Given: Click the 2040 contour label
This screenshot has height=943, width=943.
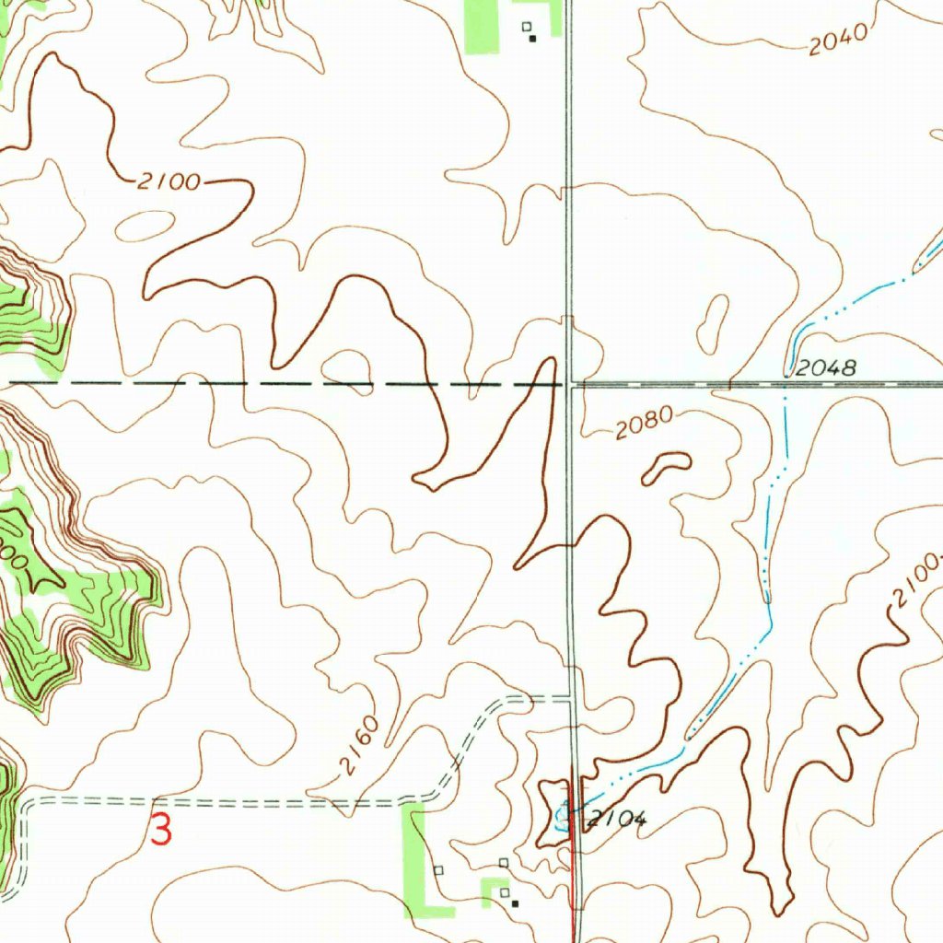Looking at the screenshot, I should pyautogui.click(x=838, y=40).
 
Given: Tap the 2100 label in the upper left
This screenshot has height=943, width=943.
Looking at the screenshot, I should pyautogui.click(x=169, y=181).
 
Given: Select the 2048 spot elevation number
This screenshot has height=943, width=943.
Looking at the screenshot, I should pyautogui.click(x=826, y=368).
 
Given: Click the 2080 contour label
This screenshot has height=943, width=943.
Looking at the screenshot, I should pyautogui.click(x=645, y=424).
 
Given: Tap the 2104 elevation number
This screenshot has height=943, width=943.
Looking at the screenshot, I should pyautogui.click(x=619, y=819).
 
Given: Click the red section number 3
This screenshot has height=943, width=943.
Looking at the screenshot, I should pyautogui.click(x=161, y=830).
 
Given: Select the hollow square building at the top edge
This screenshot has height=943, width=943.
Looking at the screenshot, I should pyautogui.click(x=527, y=27).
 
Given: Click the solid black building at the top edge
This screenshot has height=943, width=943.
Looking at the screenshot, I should pyautogui.click(x=532, y=39).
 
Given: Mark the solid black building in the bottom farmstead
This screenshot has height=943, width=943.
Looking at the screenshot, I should pyautogui.click(x=515, y=903).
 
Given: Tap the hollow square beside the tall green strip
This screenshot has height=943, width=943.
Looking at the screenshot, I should pyautogui.click(x=438, y=869).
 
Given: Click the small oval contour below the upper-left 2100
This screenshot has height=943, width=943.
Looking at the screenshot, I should pyautogui.click(x=146, y=225).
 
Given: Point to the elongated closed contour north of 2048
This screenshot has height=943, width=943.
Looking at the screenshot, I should pyautogui.click(x=713, y=323).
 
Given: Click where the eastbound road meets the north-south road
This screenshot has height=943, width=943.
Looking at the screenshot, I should pyautogui.click(x=571, y=384).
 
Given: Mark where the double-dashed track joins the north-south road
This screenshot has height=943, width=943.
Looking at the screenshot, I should pyautogui.click(x=573, y=700).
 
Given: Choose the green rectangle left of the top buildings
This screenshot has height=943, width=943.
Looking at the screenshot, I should pyautogui.click(x=481, y=26).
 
